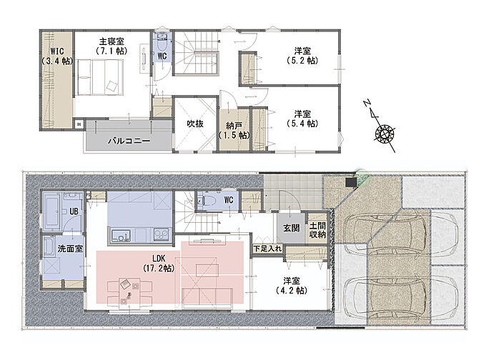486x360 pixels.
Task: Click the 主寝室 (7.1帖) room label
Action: [x=111, y=46]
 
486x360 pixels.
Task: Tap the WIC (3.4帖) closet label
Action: [x=57, y=56]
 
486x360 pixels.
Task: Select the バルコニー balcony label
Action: [x=129, y=141]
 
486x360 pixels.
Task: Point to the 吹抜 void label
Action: [x=195, y=124]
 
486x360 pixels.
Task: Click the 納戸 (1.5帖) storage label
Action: [x=234, y=131]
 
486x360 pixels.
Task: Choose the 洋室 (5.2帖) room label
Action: [x=302, y=56]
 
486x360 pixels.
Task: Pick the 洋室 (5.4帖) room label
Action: [x=302, y=119]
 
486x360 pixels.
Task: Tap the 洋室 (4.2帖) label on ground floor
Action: [x=292, y=286]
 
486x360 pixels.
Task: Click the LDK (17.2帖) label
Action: [x=159, y=263]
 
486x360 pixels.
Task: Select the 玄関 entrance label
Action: [x=292, y=228]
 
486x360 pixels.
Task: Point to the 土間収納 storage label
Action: [x=318, y=229]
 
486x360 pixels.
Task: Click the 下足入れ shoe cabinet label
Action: [x=267, y=249]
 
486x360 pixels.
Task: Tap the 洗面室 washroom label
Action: [x=70, y=249]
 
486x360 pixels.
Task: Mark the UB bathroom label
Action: [x=74, y=211]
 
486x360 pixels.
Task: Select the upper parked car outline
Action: [x=402, y=233]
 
